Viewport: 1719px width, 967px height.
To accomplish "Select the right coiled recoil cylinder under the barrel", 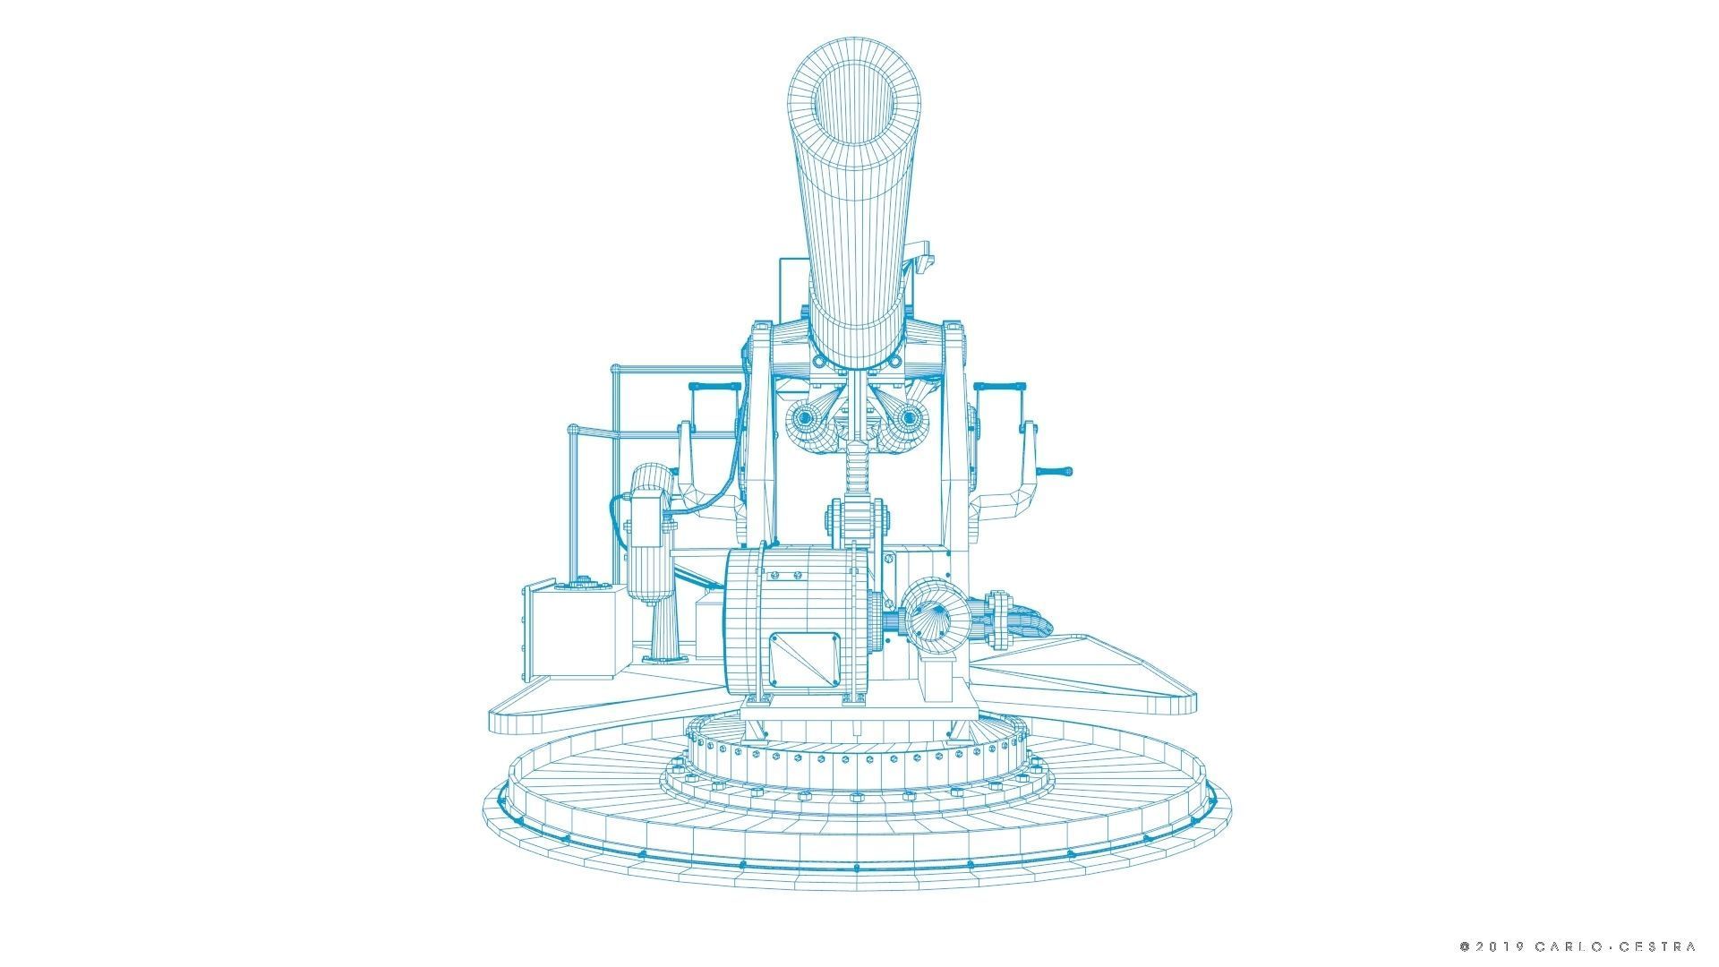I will tap(906, 418).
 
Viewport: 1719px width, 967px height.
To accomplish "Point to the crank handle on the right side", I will tap(1056, 471).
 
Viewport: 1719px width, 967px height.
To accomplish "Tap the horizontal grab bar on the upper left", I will tap(713, 386).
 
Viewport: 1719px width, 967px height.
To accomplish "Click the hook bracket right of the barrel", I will tap(922, 255).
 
